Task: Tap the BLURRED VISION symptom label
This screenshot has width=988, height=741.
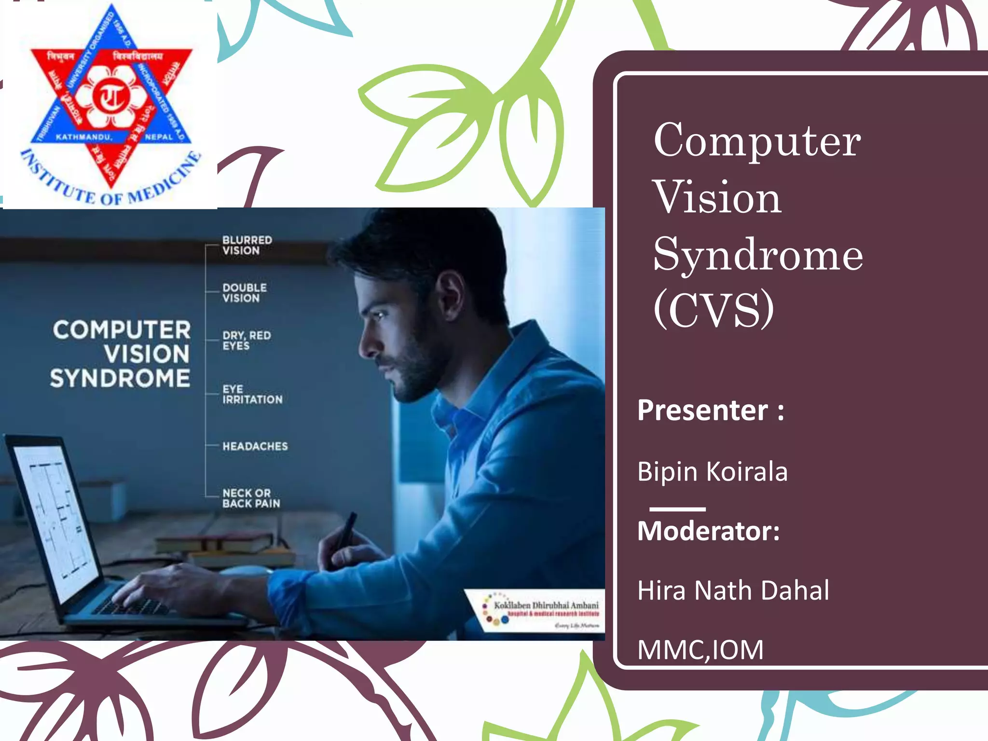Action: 247,245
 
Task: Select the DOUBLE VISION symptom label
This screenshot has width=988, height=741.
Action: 244,293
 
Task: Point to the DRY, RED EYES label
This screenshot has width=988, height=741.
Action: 246,340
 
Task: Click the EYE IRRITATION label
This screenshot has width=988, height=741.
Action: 252,394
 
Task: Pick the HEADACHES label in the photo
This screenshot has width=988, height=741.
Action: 255,446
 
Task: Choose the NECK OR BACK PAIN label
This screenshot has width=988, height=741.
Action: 251,498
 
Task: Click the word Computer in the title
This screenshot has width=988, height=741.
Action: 756,140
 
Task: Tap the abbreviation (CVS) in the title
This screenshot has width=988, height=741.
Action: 713,310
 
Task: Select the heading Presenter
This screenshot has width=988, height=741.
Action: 710,411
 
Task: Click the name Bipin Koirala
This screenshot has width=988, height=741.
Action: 712,471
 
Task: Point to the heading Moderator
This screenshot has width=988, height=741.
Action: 708,531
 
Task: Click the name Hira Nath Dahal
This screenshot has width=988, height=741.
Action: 733,590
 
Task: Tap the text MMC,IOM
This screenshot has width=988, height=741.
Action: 700,649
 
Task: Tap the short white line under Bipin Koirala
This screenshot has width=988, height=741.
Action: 677,509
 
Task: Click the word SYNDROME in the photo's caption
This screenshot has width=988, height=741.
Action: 120,378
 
